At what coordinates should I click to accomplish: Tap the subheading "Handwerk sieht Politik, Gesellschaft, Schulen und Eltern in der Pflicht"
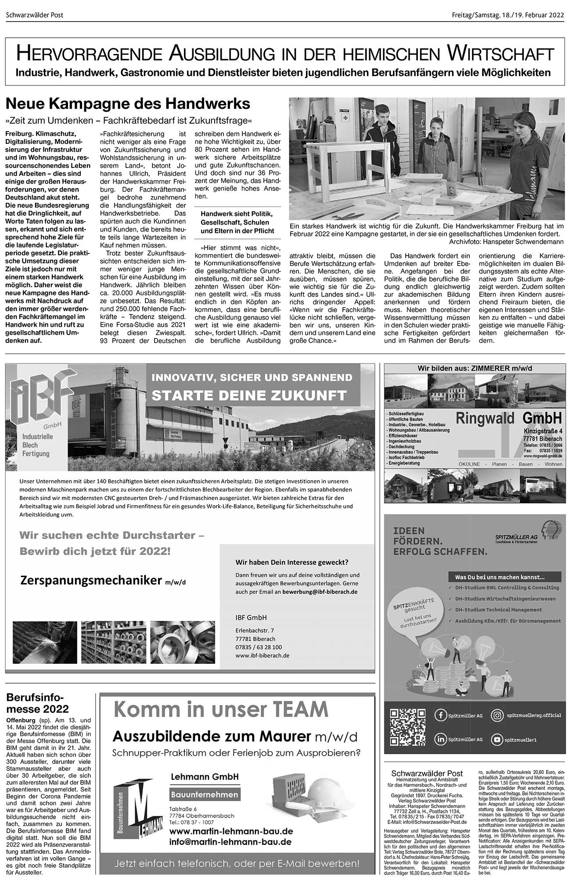[x=237, y=222]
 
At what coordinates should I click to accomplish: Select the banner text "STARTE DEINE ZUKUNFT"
[x=249, y=395]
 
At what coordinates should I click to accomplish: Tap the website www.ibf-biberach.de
[x=262, y=656]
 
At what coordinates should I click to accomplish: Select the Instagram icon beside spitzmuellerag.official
[x=497, y=716]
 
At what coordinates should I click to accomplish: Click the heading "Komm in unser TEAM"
[x=221, y=709]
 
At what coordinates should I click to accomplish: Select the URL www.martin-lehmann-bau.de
[x=231, y=819]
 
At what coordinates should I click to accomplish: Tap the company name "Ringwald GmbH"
[x=508, y=418]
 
